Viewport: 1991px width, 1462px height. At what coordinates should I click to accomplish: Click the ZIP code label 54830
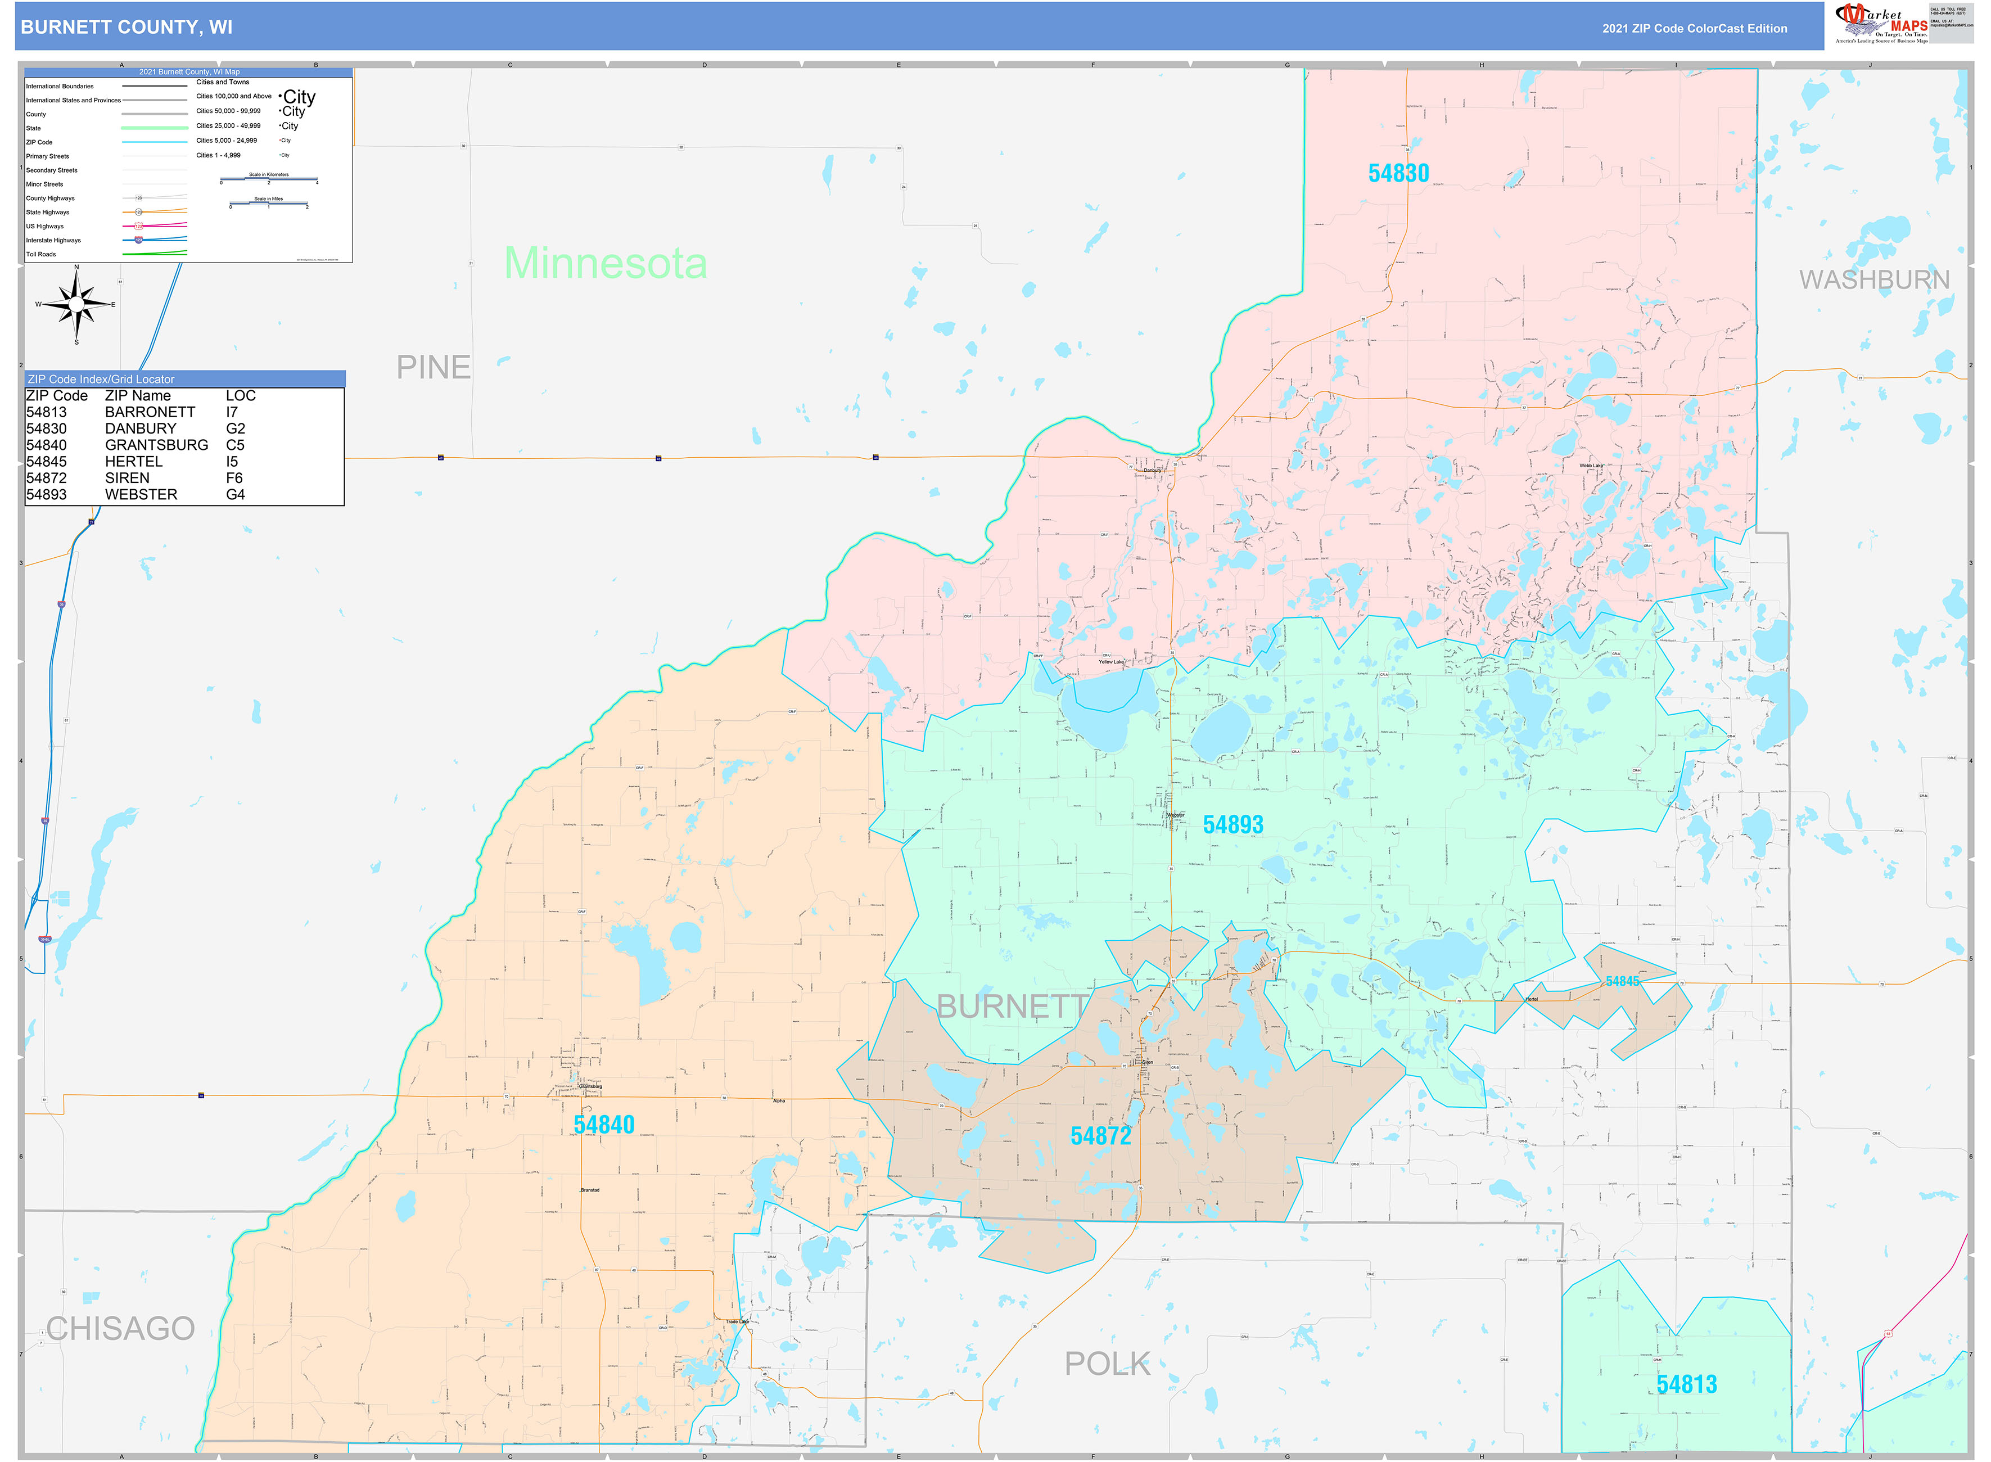(1398, 173)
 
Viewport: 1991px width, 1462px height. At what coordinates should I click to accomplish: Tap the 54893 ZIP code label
(1232, 825)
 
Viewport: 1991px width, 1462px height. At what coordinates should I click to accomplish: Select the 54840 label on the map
(603, 1125)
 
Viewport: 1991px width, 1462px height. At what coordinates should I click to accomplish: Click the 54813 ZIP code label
(1687, 1385)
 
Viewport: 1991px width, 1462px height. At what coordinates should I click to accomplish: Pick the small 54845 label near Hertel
(1622, 981)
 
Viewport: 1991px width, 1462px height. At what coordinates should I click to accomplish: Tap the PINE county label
(433, 367)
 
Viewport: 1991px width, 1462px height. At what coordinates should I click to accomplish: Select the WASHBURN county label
(1874, 279)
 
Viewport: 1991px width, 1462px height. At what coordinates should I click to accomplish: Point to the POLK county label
(1107, 1364)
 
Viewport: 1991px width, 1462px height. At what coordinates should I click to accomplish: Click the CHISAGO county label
(120, 1328)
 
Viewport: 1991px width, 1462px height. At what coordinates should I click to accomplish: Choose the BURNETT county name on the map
(1012, 1006)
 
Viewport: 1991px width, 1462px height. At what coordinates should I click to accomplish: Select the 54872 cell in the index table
(46, 478)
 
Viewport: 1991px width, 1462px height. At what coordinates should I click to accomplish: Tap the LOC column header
(241, 396)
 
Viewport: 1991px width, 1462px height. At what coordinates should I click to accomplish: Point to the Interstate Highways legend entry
(53, 241)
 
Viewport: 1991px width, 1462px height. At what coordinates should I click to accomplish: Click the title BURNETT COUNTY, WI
(127, 28)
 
